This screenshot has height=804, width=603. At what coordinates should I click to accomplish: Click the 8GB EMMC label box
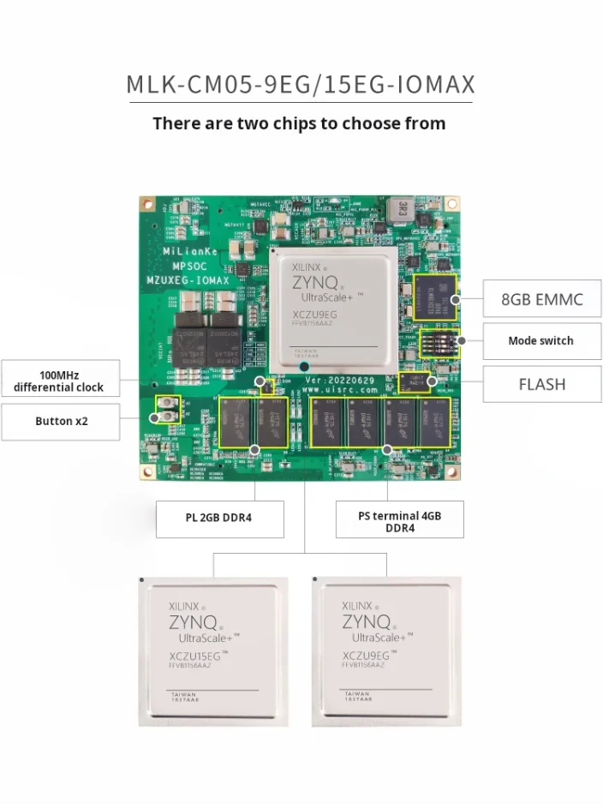coord(541,299)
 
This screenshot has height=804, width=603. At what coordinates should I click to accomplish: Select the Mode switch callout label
coord(541,340)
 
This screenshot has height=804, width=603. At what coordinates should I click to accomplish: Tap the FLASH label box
coord(541,384)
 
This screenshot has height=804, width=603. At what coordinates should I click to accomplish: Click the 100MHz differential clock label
coord(59,381)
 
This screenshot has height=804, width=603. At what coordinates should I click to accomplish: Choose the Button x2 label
coord(61,421)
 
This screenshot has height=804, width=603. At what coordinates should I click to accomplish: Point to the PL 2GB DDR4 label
coord(219,518)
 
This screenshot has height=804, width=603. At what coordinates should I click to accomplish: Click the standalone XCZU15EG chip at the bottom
coord(213,651)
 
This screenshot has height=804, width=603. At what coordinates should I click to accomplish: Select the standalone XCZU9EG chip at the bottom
coord(386,651)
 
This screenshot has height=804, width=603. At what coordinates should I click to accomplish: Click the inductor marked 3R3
coord(398,210)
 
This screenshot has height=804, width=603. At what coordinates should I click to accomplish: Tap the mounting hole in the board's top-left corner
coord(147,206)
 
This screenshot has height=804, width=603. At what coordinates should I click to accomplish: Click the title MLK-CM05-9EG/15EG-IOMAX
coord(301,86)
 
